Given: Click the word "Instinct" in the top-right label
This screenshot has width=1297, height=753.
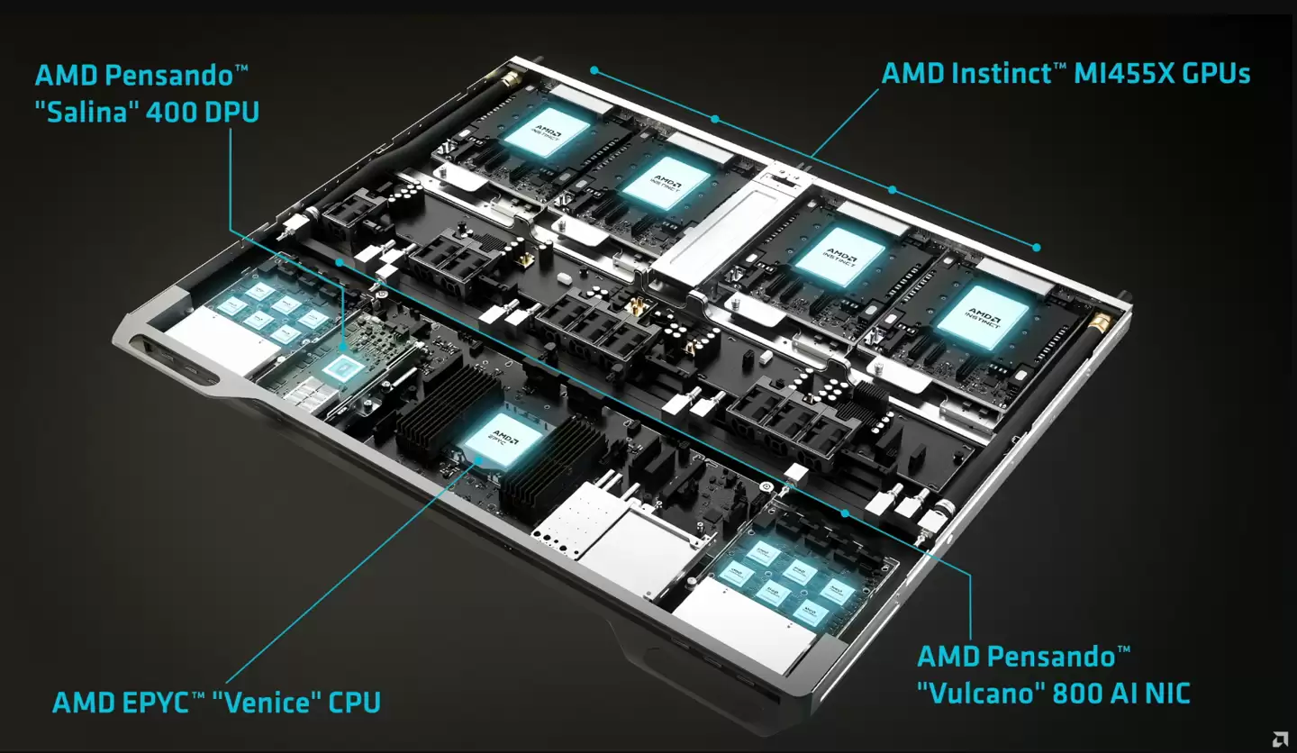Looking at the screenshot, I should (x=1002, y=73).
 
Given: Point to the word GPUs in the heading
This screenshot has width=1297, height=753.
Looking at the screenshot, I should (x=1216, y=73).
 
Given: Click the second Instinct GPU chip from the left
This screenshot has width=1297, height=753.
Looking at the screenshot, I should (x=656, y=182).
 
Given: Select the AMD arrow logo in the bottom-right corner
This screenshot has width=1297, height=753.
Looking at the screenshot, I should (x=1278, y=739).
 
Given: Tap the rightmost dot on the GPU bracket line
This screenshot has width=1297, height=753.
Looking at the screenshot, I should (x=1037, y=247).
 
